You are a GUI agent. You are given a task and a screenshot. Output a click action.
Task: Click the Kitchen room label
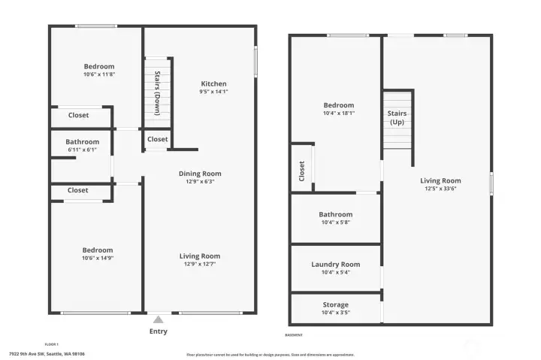click(213, 83)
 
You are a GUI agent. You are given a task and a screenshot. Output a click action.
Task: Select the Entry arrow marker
click(158, 320)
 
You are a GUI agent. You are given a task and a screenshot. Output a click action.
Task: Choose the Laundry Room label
click(335, 265)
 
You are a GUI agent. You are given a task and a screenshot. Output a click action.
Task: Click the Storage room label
click(335, 305)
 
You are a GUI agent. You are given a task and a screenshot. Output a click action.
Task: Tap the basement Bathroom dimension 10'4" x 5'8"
click(335, 222)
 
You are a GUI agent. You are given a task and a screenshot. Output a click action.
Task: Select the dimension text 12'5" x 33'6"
click(440, 189)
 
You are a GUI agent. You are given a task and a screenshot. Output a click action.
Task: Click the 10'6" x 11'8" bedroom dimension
click(99, 74)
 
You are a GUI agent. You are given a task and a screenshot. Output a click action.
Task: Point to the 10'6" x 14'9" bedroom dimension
click(98, 258)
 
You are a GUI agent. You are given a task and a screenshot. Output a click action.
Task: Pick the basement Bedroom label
click(338, 105)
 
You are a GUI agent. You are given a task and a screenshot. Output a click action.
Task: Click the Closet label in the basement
click(302, 171)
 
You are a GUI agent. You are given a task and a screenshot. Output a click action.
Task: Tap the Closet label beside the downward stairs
click(158, 139)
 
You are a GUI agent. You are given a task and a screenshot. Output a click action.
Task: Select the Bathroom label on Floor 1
click(82, 142)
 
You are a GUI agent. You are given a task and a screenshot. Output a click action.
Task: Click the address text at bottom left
click(47, 353)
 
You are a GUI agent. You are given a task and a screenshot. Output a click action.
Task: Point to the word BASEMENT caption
click(294, 335)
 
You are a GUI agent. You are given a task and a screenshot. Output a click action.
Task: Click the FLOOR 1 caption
click(52, 343)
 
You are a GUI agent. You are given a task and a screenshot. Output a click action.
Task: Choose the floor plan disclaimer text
click(270, 355)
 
